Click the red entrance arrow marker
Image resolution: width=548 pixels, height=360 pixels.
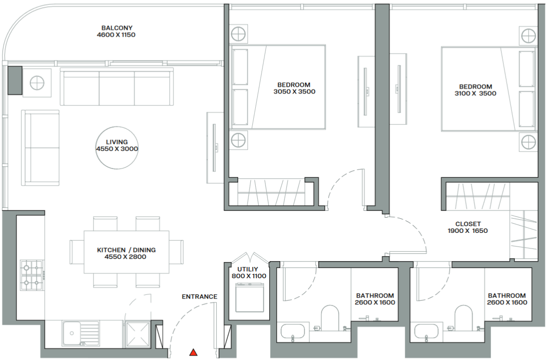pyautogui.click(x=193, y=352)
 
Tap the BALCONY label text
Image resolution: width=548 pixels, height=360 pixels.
pyautogui.click(x=117, y=28)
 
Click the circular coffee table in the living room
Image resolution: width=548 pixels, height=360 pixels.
pyautogui.click(x=117, y=148)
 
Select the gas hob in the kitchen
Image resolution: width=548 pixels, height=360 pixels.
pyautogui.click(x=32, y=275)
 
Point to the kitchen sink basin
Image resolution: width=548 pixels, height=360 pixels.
pyautogui.click(x=71, y=333)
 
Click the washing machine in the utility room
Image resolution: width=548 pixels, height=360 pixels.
pyautogui.click(x=249, y=298)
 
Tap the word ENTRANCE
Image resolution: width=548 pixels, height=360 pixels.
pyautogui.click(x=200, y=297)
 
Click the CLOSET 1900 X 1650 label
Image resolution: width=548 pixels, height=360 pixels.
pyautogui.click(x=468, y=227)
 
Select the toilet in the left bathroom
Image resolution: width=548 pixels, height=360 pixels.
pyautogui.click(x=330, y=318)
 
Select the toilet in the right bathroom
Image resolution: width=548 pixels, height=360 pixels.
pyautogui.click(x=464, y=318)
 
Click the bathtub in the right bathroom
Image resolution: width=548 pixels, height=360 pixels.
pyautogui.click(x=426, y=332)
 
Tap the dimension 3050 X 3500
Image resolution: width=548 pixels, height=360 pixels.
pyautogui.click(x=294, y=92)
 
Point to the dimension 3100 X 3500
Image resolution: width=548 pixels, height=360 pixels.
pyautogui.click(x=475, y=94)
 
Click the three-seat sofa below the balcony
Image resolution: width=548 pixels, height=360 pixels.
pyautogui.click(x=117, y=87)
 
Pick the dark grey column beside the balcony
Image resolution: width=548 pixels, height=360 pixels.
pyautogui.click(x=15, y=80)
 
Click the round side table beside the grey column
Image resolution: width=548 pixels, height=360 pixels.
pyautogui.click(x=37, y=83)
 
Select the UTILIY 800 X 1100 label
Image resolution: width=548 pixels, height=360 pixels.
pyautogui.click(x=249, y=273)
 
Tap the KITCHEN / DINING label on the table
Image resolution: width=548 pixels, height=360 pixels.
pyautogui.click(x=127, y=253)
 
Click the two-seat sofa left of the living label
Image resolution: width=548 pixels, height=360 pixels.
pyautogui.click(x=40, y=148)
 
